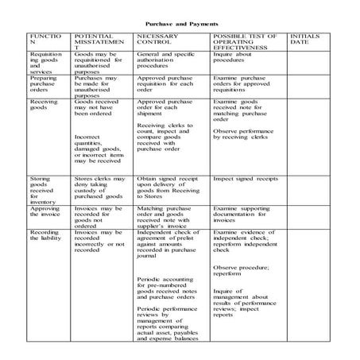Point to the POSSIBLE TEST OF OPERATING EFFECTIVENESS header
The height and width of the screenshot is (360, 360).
tap(243, 44)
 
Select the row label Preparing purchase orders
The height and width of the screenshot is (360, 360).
tap(44, 89)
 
